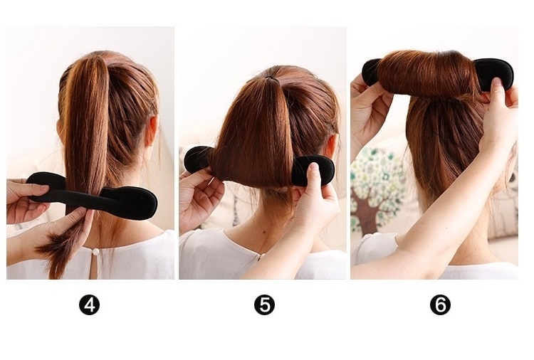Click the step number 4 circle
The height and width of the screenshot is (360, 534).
click(x=89, y=305)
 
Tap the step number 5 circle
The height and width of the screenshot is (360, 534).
click(x=264, y=305)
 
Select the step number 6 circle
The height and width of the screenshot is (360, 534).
click(x=440, y=305)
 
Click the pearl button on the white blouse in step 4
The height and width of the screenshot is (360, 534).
click(x=95, y=252)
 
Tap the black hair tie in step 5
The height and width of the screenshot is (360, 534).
click(x=270, y=78)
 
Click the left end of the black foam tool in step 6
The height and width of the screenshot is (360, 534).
click(x=371, y=71)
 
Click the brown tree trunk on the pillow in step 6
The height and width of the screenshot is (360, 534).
click(x=367, y=208)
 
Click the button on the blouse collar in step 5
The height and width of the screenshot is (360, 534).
click(x=261, y=255)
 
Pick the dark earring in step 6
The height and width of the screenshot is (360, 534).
click(x=512, y=177)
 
